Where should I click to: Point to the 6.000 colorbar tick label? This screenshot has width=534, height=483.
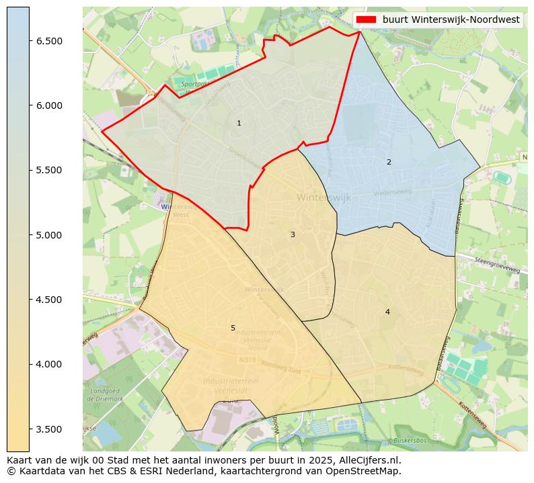pyautogui.click(x=49, y=105)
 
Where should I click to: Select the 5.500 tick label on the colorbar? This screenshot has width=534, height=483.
pyautogui.click(x=49, y=170)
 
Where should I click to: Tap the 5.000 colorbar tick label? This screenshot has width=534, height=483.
pyautogui.click(x=49, y=235)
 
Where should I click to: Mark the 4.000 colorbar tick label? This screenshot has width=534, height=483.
pyautogui.click(x=49, y=364)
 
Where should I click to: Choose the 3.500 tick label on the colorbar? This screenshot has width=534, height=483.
pyautogui.click(x=49, y=429)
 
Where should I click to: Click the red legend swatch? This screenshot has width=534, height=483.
pyautogui.click(x=367, y=20)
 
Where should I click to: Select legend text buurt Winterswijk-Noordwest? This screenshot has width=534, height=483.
pyautogui.click(x=451, y=20)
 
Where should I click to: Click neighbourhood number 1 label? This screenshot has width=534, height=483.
pyautogui.click(x=239, y=124)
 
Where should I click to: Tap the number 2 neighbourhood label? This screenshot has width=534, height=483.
pyautogui.click(x=389, y=162)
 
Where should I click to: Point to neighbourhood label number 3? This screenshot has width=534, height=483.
pyautogui.click(x=293, y=234)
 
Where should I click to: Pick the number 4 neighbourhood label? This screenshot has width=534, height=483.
pyautogui.click(x=387, y=312)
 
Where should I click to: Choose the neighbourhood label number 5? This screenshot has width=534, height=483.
pyautogui.click(x=233, y=328)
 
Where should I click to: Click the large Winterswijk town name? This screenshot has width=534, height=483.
pyautogui.click(x=319, y=197)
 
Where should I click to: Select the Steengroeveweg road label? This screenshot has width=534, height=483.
pyautogui.click(x=497, y=265)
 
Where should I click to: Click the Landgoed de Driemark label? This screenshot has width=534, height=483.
pyautogui.click(x=104, y=394)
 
